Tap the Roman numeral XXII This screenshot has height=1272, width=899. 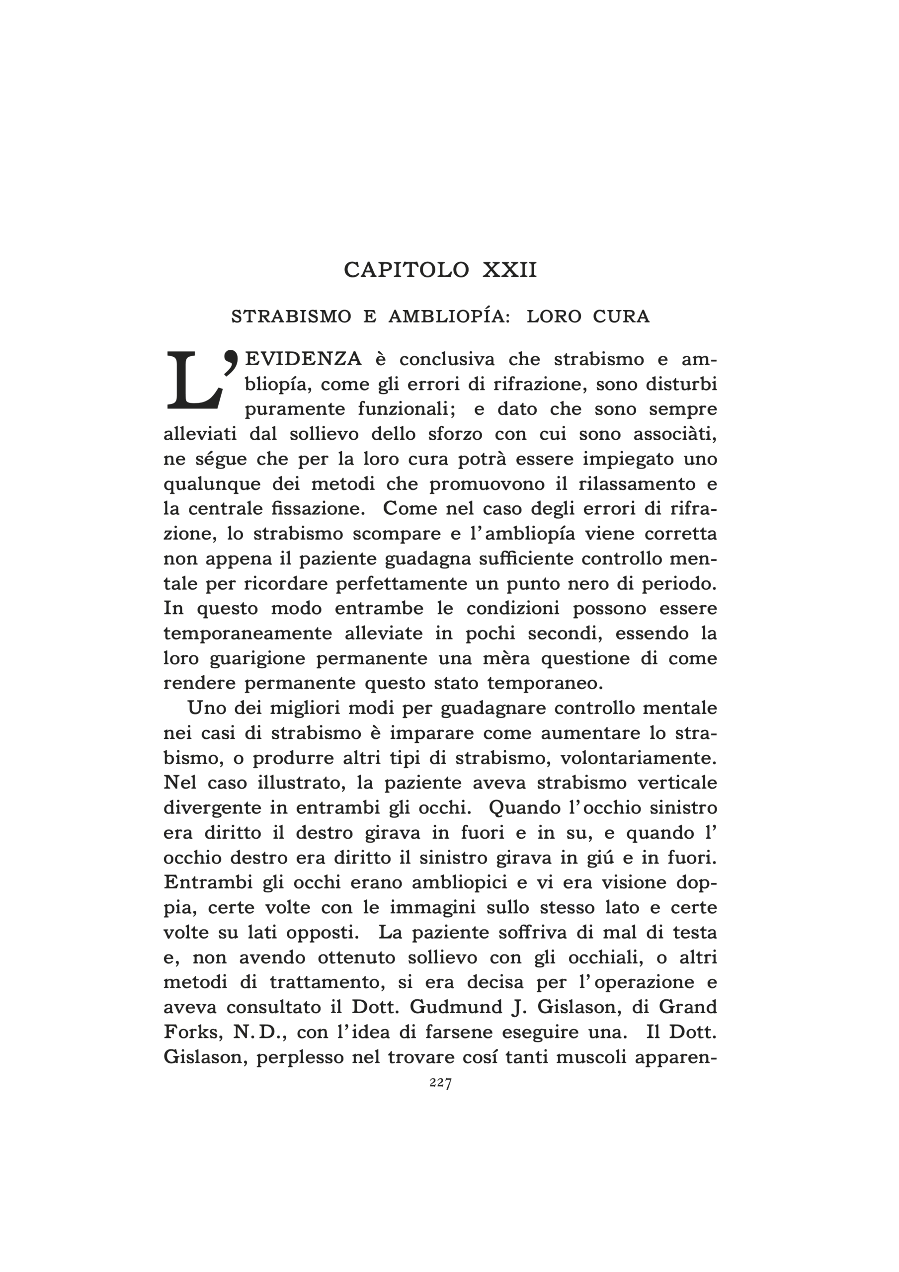510,270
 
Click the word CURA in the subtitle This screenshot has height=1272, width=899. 621,317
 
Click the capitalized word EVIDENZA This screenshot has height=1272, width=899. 304,360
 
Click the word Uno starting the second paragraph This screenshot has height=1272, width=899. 203,709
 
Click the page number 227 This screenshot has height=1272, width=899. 441,1084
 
